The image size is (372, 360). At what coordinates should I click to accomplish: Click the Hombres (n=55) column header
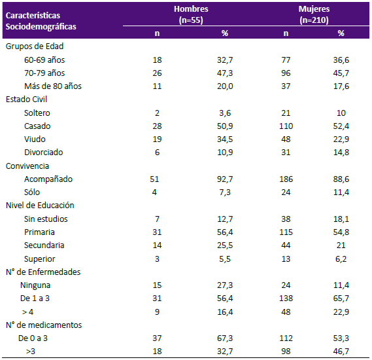[x=191, y=14]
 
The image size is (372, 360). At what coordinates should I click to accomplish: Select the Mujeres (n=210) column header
[x=314, y=14]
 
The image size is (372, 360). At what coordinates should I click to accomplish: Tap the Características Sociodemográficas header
[x=41, y=21]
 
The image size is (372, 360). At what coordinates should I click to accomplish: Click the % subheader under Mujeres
[x=341, y=33]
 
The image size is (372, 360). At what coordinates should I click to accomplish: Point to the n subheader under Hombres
[x=157, y=33]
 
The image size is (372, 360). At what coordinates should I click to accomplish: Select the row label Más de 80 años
[x=53, y=86]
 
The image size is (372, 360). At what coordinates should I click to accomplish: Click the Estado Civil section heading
[x=26, y=99]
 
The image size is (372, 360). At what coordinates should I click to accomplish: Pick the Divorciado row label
[x=44, y=152]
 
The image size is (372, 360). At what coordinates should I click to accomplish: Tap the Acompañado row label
[x=48, y=179]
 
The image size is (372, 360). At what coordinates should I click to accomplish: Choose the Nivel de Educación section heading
[x=40, y=205]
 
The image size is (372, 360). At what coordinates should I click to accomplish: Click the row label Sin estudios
[x=46, y=219]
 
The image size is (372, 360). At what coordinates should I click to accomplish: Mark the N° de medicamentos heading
[x=44, y=325]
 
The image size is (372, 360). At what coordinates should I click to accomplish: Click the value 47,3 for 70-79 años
[x=225, y=73]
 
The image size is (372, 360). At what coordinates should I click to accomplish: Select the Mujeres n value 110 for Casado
[x=286, y=126]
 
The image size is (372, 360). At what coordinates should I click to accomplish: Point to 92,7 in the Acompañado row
[x=225, y=179]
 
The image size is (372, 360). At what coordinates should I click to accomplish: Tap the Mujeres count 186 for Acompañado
[x=286, y=179]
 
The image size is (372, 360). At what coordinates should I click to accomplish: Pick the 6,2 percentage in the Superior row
[x=341, y=259]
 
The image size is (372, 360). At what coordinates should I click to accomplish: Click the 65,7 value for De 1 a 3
[x=341, y=298]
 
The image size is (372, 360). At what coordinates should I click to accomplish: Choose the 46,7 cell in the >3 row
[x=341, y=351]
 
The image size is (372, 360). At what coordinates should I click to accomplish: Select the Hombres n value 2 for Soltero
[x=157, y=113]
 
